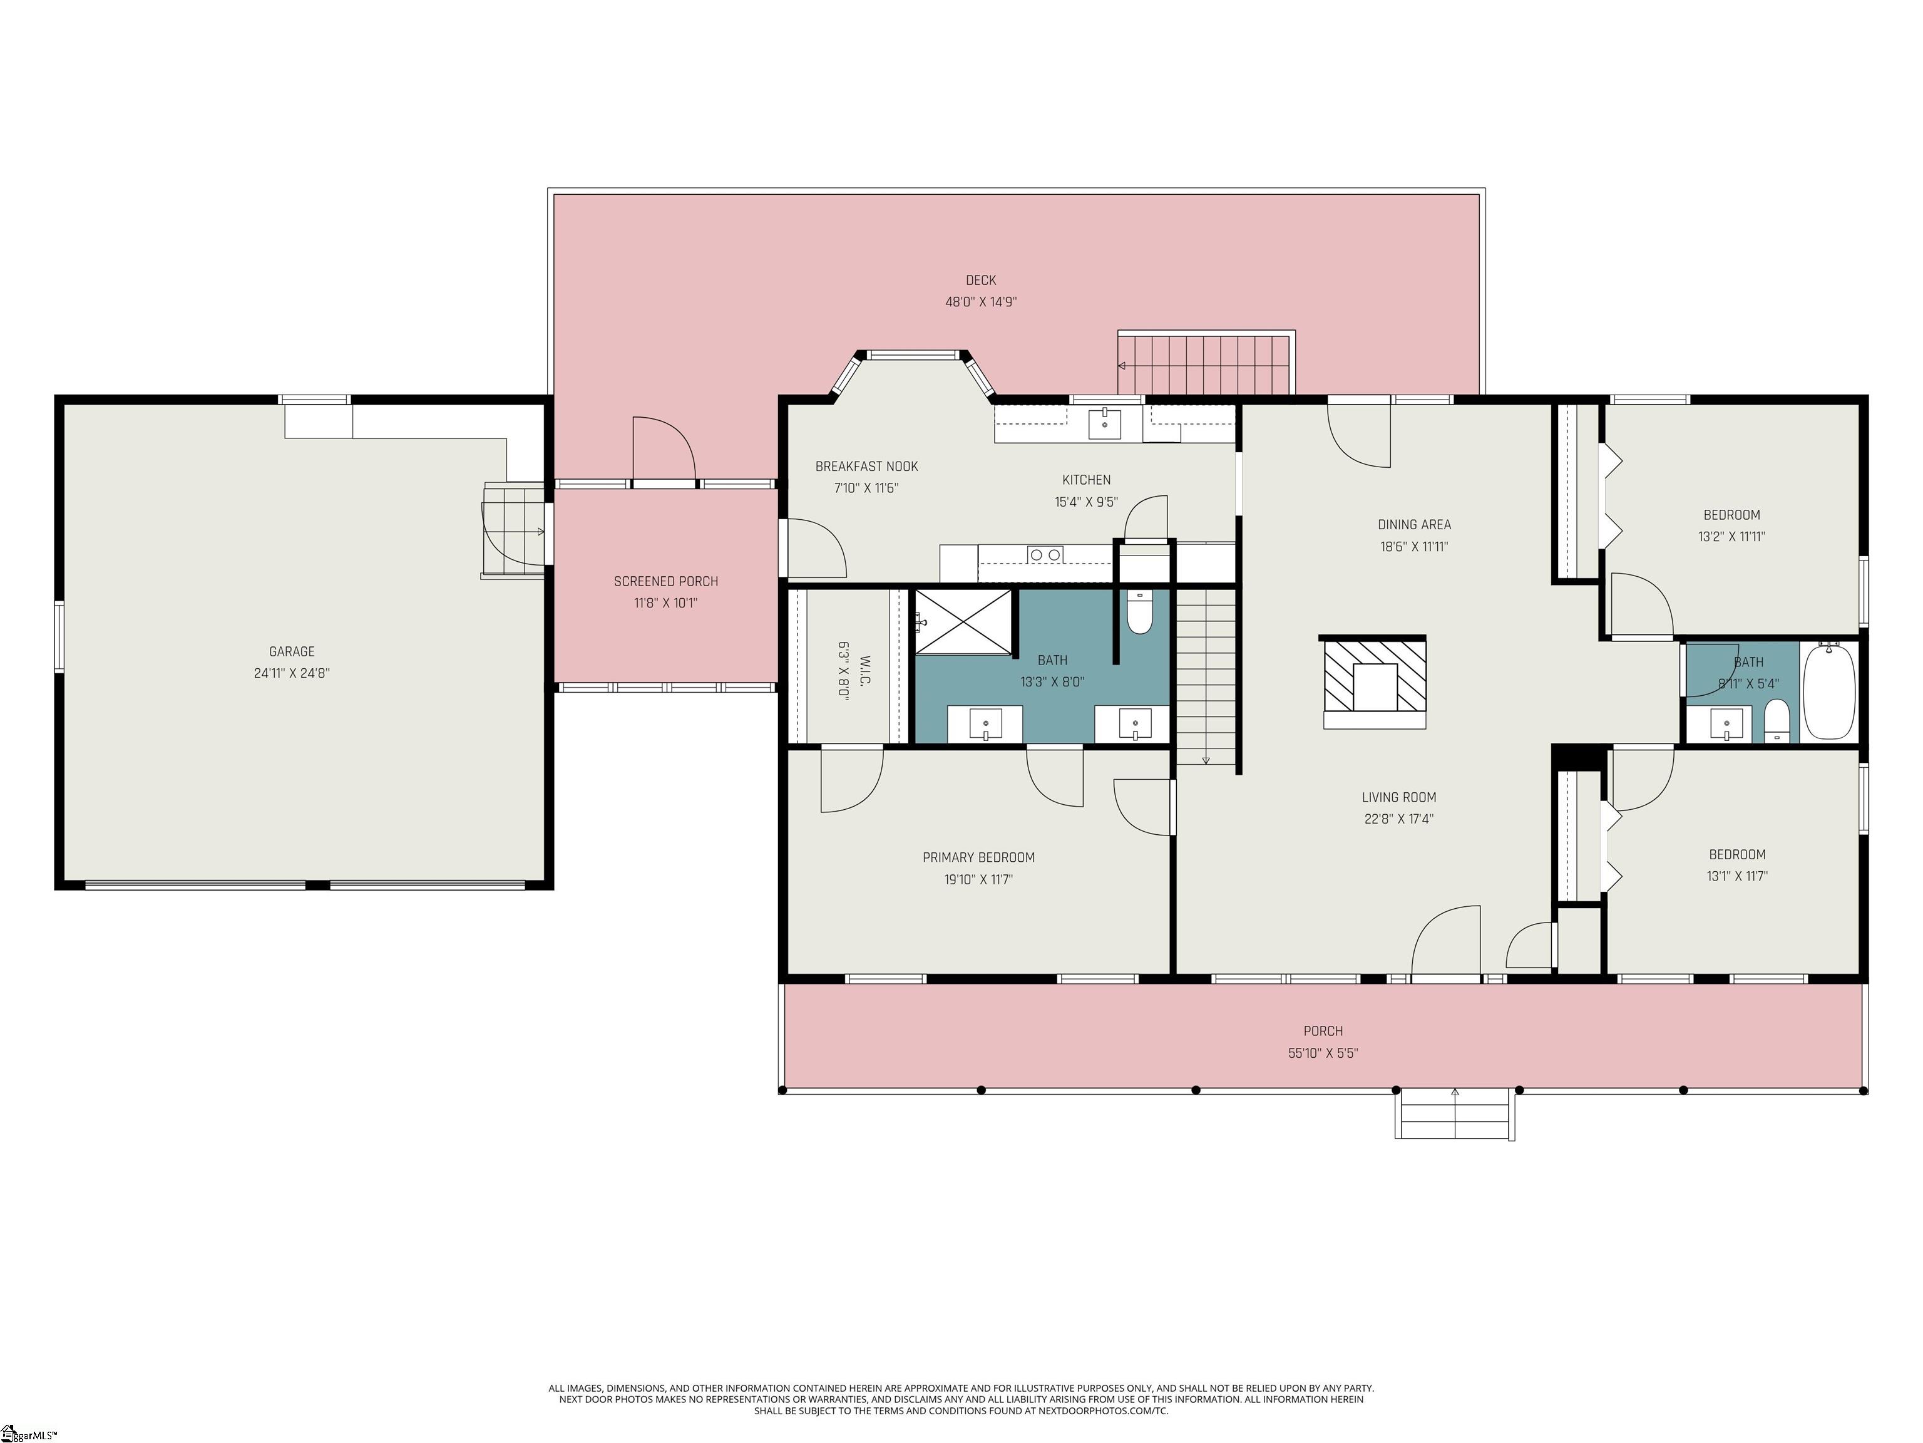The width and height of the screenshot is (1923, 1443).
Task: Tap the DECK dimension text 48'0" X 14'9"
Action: [x=981, y=302]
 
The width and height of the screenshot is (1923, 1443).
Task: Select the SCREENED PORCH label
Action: [x=666, y=581]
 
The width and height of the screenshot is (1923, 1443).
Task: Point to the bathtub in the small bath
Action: [x=1829, y=692]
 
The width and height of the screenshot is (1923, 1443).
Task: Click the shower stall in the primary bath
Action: [x=964, y=622]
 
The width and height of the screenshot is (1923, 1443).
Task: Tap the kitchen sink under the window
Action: [x=1104, y=425]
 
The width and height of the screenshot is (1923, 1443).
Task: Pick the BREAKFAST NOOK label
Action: [x=867, y=466]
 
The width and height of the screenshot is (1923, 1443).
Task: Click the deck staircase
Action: [x=1205, y=365]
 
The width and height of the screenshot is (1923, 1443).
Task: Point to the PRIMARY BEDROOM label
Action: [x=979, y=857]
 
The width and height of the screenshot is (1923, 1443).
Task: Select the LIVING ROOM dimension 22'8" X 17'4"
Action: [x=1399, y=819]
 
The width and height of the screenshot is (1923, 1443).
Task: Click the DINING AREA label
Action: [x=1415, y=524]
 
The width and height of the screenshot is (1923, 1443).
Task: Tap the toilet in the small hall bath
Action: [x=1777, y=722]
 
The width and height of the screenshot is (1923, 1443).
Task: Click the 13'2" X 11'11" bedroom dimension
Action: [x=1731, y=537]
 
